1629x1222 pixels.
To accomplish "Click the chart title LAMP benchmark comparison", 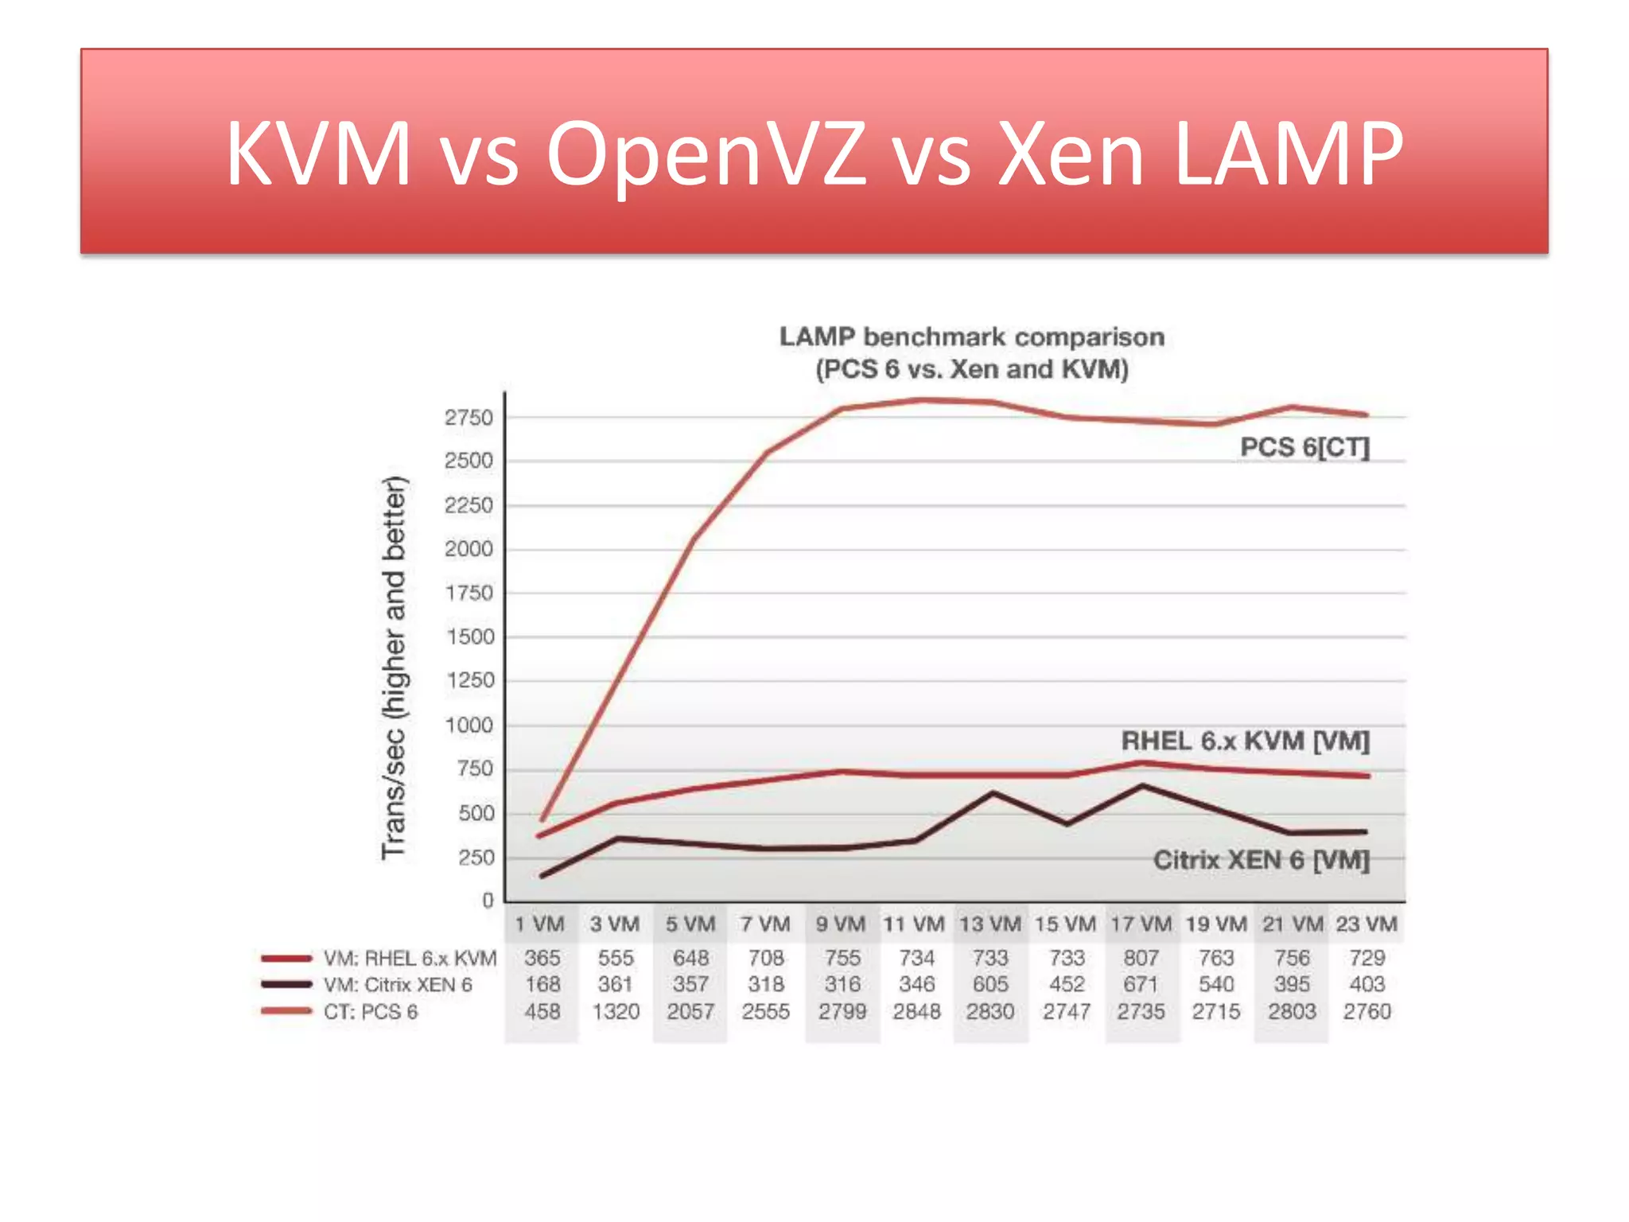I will (x=971, y=337).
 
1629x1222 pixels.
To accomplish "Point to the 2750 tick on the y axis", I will (x=468, y=418).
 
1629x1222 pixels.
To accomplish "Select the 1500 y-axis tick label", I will (x=470, y=637).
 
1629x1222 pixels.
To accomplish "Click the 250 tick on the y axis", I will (x=476, y=858).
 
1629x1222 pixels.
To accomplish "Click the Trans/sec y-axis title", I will (x=395, y=667).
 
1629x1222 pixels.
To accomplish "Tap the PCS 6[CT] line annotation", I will (x=1304, y=447).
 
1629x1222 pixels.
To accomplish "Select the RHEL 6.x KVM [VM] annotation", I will (x=1245, y=741).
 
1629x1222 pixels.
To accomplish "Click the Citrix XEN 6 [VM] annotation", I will (x=1261, y=860).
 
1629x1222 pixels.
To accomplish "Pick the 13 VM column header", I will (x=989, y=924).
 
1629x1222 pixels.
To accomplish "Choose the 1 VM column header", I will (x=539, y=924).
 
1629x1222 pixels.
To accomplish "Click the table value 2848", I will (x=916, y=1011).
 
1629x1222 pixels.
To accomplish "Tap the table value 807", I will (x=1141, y=958).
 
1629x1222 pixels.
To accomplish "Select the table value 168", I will (x=542, y=984).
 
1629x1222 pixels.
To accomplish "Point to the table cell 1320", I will (x=616, y=1011).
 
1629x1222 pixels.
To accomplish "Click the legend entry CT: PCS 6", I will (x=370, y=1011).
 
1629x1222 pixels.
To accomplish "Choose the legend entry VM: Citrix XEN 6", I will (x=397, y=984).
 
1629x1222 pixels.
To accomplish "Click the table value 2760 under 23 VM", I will (x=1367, y=1011).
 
